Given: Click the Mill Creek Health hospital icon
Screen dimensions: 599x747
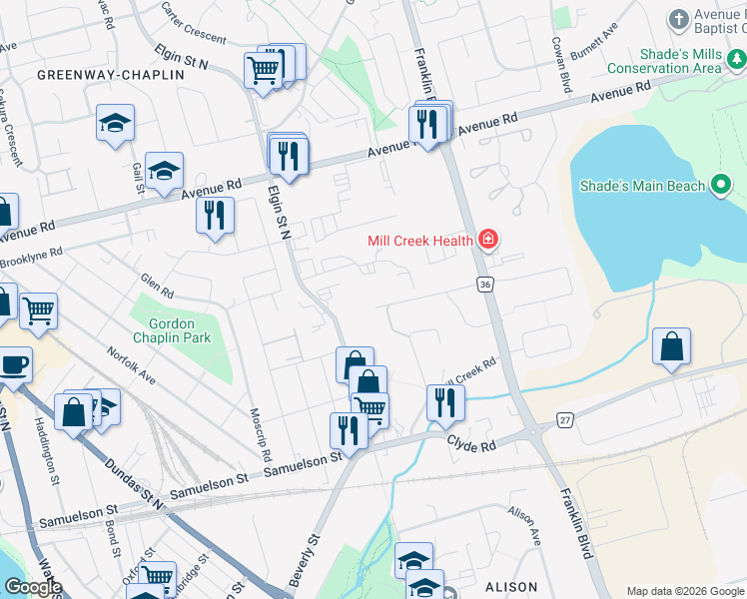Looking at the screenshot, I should click(x=488, y=240).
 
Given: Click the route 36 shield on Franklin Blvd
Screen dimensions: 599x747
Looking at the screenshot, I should click(x=485, y=286).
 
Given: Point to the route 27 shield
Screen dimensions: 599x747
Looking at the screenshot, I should click(x=566, y=421).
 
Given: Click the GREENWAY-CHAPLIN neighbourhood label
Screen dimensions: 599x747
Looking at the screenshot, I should click(x=111, y=75).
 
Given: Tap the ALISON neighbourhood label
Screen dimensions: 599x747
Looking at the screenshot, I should click(x=510, y=587).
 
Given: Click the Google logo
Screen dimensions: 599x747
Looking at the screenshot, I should click(x=32, y=587).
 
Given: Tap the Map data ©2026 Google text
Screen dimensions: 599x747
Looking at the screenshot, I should click(x=684, y=591).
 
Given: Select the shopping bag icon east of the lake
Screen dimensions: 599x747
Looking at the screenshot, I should click(x=672, y=346).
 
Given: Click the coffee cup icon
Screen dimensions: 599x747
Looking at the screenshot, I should click(x=14, y=364).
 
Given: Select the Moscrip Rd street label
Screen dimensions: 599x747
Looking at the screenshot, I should click(x=264, y=433).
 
